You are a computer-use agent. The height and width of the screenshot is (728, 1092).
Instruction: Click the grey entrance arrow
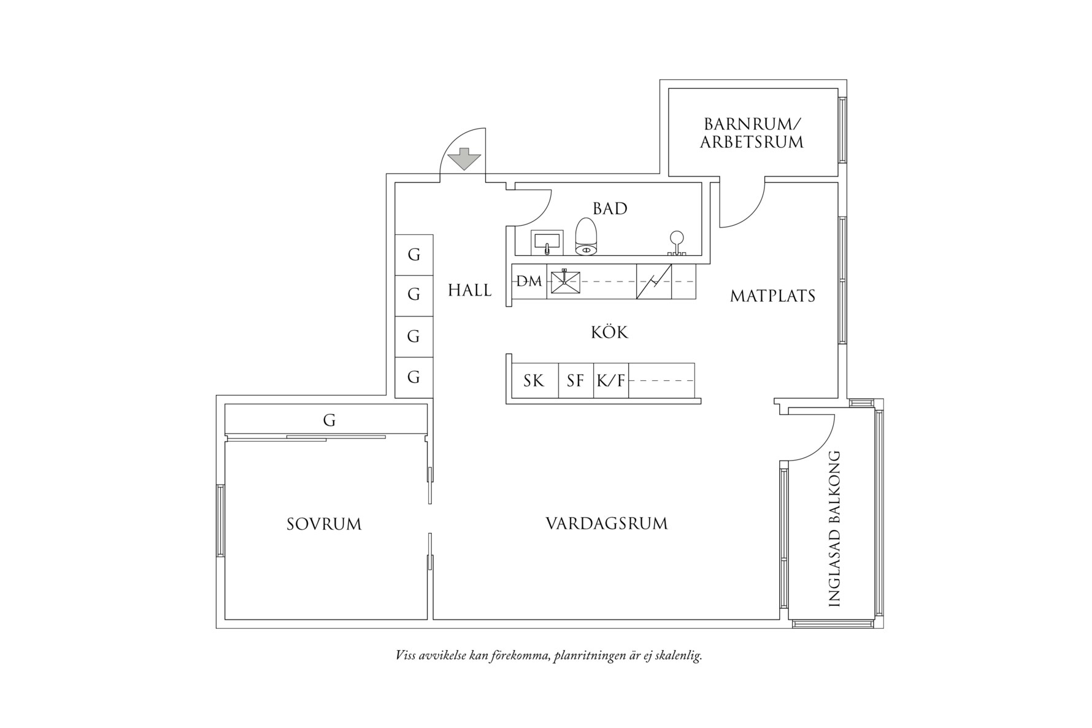[x=464, y=159]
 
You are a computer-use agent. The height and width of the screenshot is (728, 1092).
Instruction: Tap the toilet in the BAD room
[x=586, y=237]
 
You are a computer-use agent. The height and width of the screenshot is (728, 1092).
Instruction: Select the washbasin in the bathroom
[x=547, y=241]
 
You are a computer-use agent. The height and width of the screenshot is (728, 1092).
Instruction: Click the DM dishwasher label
[x=529, y=282]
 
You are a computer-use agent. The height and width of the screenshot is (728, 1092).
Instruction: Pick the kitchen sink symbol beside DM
[x=565, y=282]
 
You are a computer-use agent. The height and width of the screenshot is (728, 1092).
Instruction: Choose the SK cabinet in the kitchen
[x=534, y=381]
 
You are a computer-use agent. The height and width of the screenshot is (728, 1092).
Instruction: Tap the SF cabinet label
[x=575, y=381]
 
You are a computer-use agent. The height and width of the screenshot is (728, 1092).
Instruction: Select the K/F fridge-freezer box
[x=611, y=381]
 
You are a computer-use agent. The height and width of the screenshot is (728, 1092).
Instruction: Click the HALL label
[x=469, y=290]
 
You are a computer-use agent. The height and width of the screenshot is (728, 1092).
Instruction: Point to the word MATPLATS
[x=772, y=296]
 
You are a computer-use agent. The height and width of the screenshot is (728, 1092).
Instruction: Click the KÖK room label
[x=609, y=332]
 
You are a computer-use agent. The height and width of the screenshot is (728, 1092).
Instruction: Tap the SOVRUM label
[x=324, y=524]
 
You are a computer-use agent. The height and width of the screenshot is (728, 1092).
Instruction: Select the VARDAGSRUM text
[x=606, y=524]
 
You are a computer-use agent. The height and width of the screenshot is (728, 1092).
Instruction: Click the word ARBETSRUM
[x=752, y=142]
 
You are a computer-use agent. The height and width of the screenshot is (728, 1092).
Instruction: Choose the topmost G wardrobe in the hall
[x=414, y=255]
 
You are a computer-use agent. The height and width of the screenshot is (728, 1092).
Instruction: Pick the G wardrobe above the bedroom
[x=329, y=420]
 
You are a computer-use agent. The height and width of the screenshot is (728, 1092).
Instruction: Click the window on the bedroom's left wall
[x=220, y=520]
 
